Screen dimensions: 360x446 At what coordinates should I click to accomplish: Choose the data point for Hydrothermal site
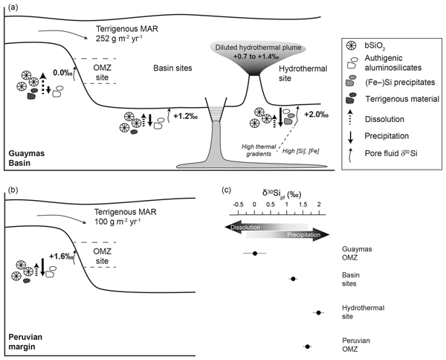pos(320,312)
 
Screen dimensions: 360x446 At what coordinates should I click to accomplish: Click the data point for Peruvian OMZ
pos(308,346)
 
